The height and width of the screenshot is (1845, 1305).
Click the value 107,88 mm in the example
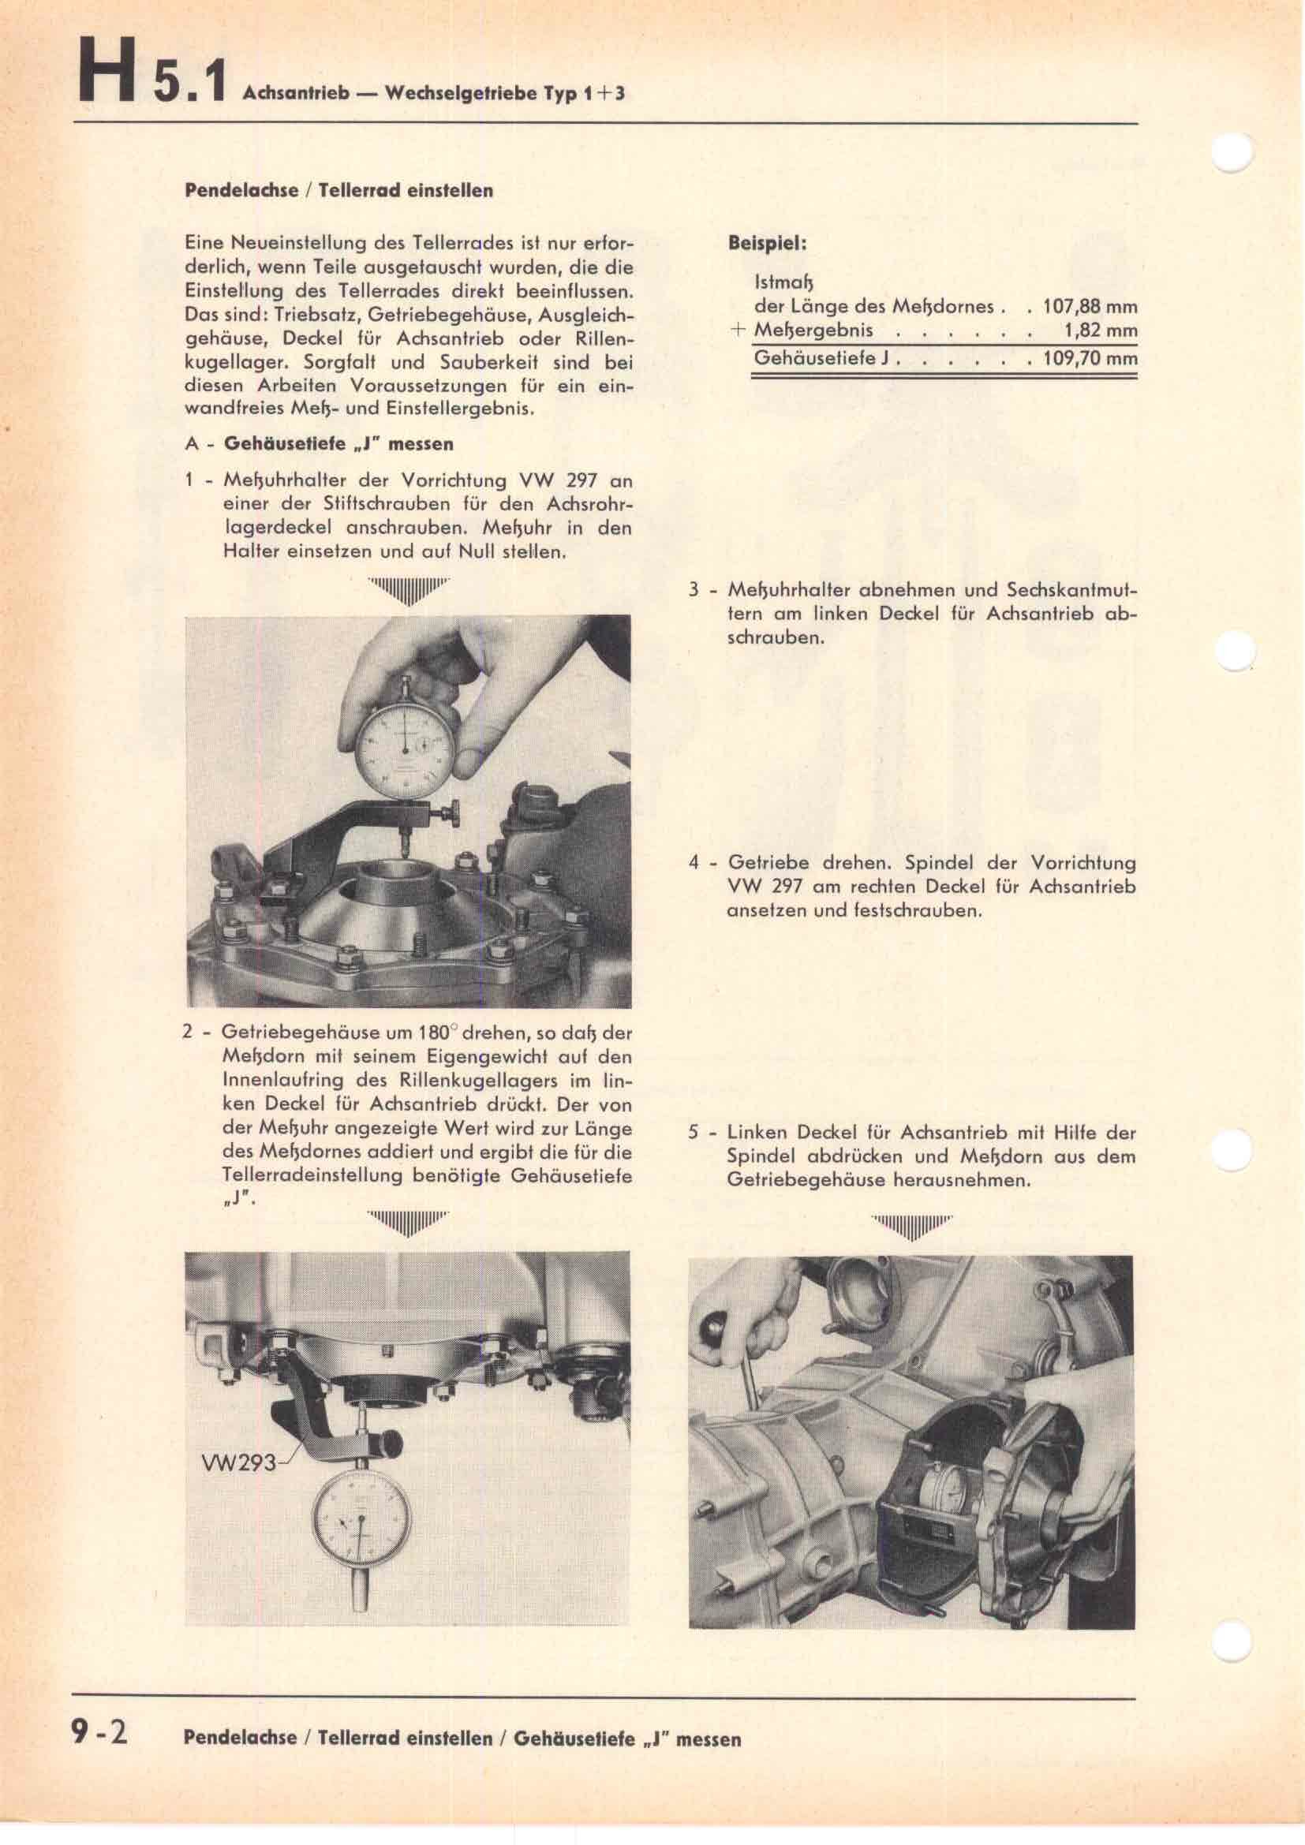tap(1090, 306)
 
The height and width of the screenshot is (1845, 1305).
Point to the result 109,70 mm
tap(1090, 357)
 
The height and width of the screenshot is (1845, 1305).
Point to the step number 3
tap(694, 590)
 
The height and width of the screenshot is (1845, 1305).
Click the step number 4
tap(694, 863)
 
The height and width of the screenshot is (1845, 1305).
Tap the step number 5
tap(694, 1133)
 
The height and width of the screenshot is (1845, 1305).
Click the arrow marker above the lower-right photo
tap(912, 1227)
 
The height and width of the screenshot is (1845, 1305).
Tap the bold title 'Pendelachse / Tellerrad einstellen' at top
tap(339, 191)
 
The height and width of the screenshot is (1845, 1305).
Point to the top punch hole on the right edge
tap(1233, 151)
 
